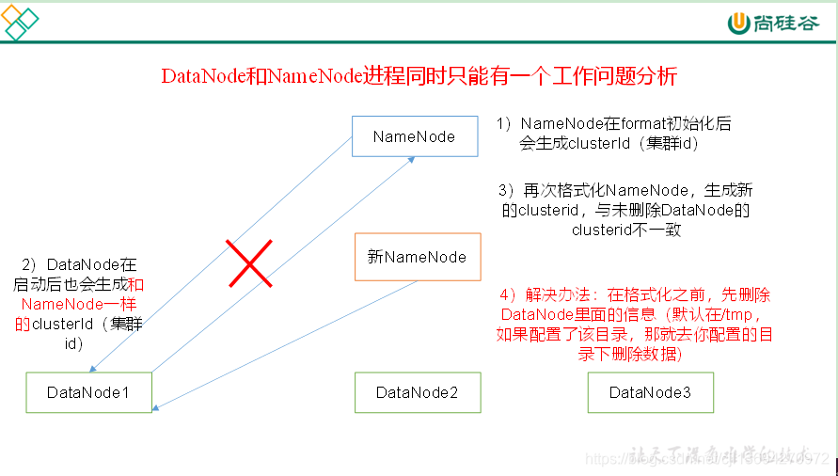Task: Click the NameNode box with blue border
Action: tap(414, 136)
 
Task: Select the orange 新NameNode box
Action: tap(417, 257)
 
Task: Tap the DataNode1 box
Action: tap(88, 392)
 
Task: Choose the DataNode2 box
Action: tap(417, 392)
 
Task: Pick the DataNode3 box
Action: tap(650, 392)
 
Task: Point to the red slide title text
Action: tap(419, 76)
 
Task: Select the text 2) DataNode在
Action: tap(78, 265)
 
